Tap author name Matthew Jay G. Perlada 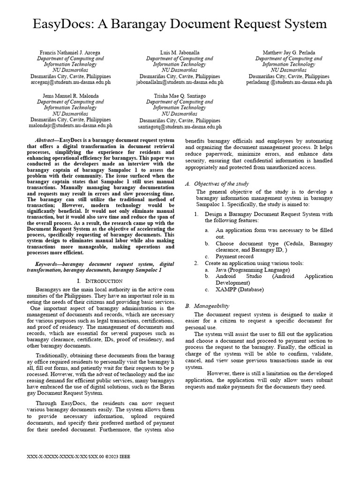pos(289,52)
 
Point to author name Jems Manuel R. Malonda pos(71,96)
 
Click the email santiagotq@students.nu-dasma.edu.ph pos(180,127)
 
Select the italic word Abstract pos(46,140)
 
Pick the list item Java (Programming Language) pos(253,270)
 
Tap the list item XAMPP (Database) pos(240,289)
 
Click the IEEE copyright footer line pos(79,456)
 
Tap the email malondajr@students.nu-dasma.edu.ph pos(71,126)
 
